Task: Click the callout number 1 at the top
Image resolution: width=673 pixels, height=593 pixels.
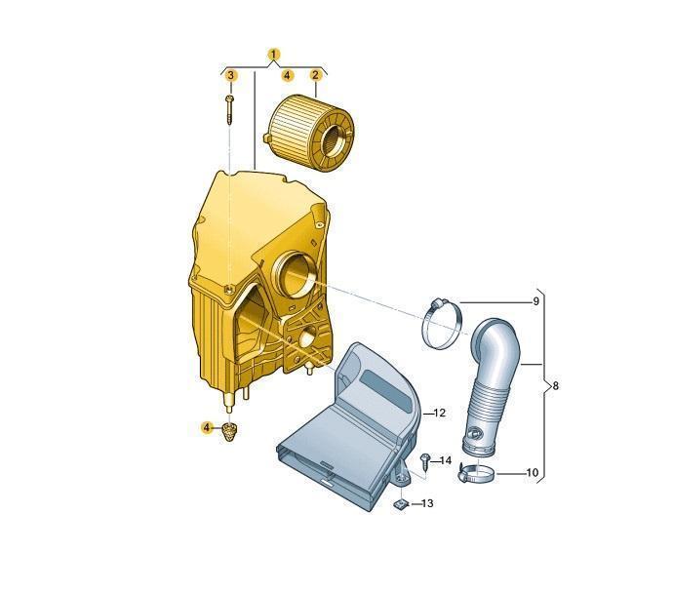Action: (x=274, y=55)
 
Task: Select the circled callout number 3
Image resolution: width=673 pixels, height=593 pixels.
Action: (x=231, y=75)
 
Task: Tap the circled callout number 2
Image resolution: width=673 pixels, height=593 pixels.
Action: (x=315, y=75)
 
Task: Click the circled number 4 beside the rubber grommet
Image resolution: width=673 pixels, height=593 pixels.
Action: (x=208, y=427)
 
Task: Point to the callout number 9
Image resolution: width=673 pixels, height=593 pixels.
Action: (x=535, y=301)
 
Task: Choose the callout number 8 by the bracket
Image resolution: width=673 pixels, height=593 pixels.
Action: (x=556, y=386)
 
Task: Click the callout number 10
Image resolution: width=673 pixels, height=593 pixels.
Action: (x=532, y=472)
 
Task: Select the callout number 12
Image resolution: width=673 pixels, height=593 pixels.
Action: (x=440, y=413)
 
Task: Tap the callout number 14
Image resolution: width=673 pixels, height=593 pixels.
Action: (x=446, y=460)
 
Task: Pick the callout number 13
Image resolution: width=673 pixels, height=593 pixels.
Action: (x=427, y=503)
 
